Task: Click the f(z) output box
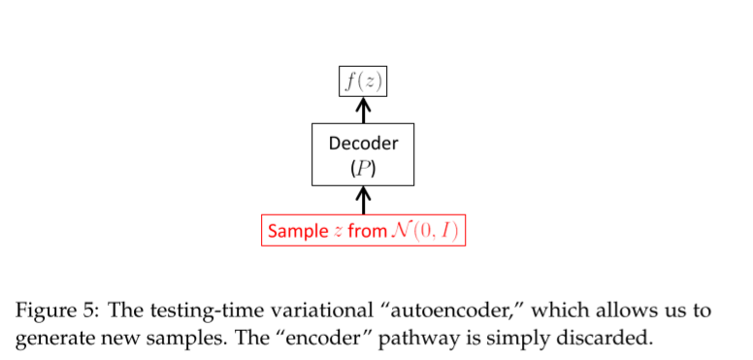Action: (363, 82)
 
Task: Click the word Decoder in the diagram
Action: (363, 144)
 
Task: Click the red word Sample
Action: (298, 232)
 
